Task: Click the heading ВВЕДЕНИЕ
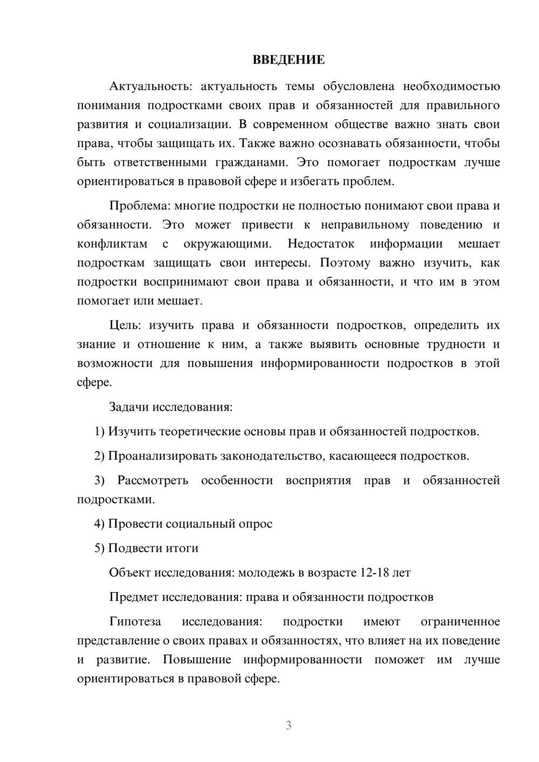(288, 60)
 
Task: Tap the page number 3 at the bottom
(288, 725)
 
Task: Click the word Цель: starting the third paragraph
(125, 325)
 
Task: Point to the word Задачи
(129, 407)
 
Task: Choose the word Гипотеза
(135, 622)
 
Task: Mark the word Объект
(130, 573)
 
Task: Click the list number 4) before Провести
(99, 524)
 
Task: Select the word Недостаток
(321, 244)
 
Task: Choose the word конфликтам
(112, 244)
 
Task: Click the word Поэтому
(345, 263)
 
